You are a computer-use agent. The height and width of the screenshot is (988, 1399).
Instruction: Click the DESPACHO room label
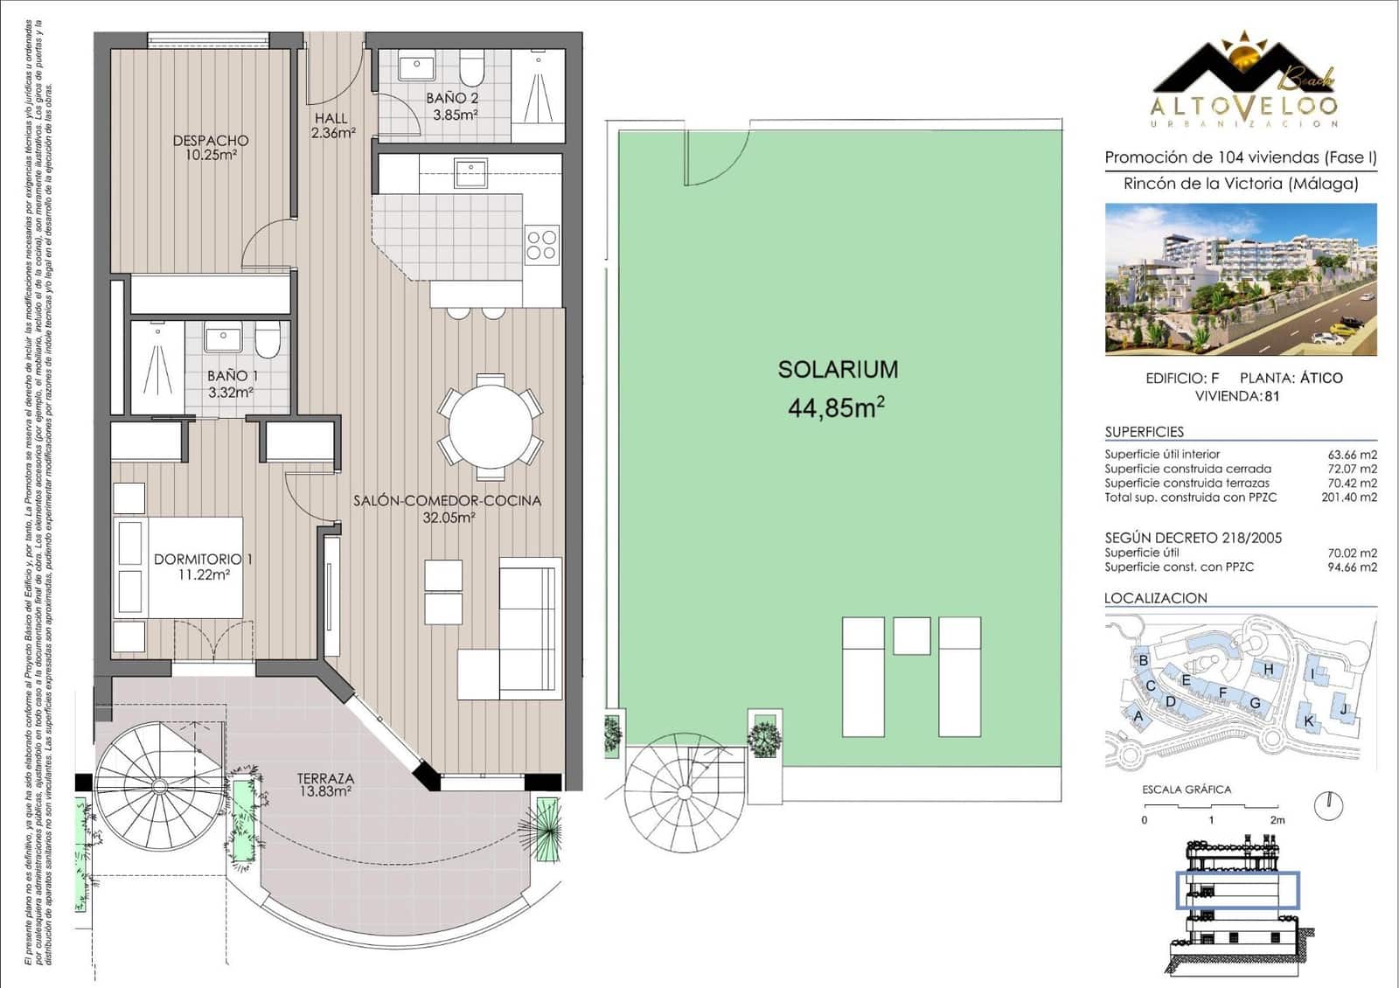coord(211,147)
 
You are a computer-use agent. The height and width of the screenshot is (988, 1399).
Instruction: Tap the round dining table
coord(491,428)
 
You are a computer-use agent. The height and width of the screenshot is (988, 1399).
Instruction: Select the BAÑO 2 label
coord(452,106)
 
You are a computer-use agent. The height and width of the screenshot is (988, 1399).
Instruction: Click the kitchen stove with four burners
coord(541,245)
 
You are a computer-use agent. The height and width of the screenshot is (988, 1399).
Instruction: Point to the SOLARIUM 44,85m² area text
coord(837,388)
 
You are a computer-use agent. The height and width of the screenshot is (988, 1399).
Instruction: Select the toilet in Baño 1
coord(268,339)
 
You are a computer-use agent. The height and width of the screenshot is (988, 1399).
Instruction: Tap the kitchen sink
coord(470,171)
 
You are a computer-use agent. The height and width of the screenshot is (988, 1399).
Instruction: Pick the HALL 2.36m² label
coord(331,125)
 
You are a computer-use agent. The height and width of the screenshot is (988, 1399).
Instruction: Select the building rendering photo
coord(1240,279)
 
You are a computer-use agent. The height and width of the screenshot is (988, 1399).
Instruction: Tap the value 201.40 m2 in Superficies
coord(1348,497)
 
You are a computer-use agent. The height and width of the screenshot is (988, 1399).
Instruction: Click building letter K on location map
coord(1309,721)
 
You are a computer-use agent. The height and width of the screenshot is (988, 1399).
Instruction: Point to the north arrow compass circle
coord(1328,805)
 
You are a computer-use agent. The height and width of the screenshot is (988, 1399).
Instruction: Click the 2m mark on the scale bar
coord(1277,819)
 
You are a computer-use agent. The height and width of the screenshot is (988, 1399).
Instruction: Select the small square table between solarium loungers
coord(911,636)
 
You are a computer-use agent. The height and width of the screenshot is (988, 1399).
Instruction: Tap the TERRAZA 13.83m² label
coord(324,784)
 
